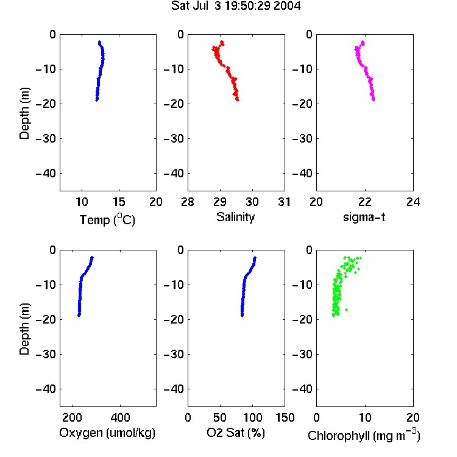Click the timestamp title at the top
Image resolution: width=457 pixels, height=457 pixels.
[x=236, y=6]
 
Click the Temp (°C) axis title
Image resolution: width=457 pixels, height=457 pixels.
[x=107, y=219]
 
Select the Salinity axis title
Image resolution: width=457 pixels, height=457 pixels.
[x=235, y=217]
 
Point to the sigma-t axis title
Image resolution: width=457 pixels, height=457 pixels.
[x=364, y=217]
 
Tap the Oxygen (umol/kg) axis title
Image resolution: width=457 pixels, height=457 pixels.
[x=107, y=433]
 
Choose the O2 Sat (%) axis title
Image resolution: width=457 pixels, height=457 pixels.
[x=236, y=433]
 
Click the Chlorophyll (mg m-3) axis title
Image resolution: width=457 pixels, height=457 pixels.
[x=364, y=435]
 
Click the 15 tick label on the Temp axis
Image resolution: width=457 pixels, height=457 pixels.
[x=119, y=202]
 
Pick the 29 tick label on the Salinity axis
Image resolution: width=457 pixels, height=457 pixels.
[x=220, y=202]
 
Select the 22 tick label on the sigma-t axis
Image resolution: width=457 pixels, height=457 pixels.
[x=364, y=202]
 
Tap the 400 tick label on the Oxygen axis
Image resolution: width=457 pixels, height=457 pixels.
[x=120, y=417]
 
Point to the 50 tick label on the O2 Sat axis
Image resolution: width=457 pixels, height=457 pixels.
[x=220, y=417]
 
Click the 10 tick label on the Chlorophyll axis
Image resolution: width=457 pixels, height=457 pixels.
[x=364, y=417]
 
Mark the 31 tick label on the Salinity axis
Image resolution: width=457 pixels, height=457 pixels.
[x=284, y=202]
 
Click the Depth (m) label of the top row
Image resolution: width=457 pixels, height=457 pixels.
[x=24, y=113]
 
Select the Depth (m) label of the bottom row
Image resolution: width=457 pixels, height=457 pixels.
[x=24, y=329]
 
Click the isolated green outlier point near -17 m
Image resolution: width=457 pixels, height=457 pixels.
[x=346, y=310]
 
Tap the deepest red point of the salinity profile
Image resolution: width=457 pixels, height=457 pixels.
[x=238, y=100]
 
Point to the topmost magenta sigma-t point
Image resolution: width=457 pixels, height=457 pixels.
[x=363, y=42]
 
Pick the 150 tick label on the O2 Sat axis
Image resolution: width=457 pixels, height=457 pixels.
[x=285, y=417]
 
